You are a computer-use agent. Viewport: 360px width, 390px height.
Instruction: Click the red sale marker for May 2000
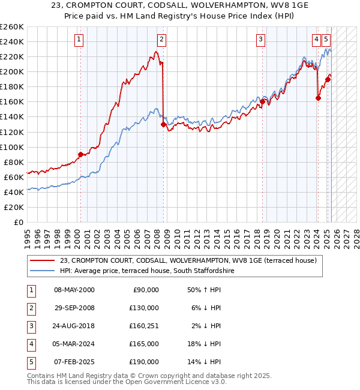click(x=80, y=154)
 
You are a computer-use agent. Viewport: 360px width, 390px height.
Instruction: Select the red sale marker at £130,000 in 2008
click(x=163, y=124)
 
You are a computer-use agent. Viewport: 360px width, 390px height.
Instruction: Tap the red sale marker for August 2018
click(x=262, y=101)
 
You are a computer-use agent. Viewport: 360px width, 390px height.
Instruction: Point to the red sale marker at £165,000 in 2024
click(x=318, y=98)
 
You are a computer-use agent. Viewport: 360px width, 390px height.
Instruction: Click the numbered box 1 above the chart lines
click(x=79, y=40)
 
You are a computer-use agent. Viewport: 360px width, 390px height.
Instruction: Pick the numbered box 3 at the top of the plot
click(x=261, y=40)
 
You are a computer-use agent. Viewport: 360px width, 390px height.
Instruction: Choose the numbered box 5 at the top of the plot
click(x=326, y=40)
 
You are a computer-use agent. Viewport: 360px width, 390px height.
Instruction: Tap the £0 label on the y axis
click(x=19, y=222)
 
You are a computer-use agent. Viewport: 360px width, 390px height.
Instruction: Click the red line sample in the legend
click(x=43, y=260)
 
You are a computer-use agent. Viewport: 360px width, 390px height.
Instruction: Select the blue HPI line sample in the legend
click(x=43, y=271)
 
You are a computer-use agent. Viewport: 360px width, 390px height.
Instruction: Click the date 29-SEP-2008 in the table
click(x=74, y=308)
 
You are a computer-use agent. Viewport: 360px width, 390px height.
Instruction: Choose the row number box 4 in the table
click(x=31, y=344)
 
